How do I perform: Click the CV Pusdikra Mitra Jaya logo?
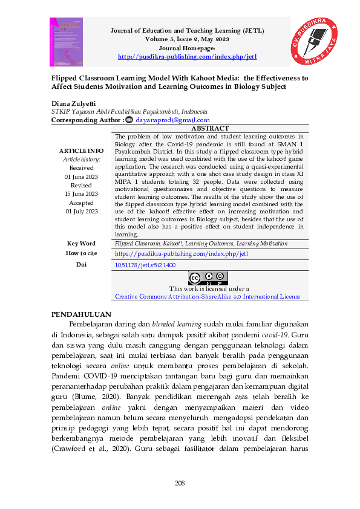point(313,42)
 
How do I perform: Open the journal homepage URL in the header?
point(187,57)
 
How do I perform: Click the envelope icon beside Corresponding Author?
point(128,120)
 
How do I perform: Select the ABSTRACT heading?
point(209,128)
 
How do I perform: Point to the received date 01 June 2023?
point(81,177)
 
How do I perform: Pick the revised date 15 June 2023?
point(81,193)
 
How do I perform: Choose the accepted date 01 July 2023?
point(81,211)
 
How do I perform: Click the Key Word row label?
point(81,243)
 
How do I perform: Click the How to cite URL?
point(182,254)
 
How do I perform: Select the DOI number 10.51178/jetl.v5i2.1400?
point(145,265)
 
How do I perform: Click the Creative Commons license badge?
point(208,278)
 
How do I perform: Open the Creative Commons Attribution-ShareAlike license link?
point(208,297)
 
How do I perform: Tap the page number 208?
point(180,482)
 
